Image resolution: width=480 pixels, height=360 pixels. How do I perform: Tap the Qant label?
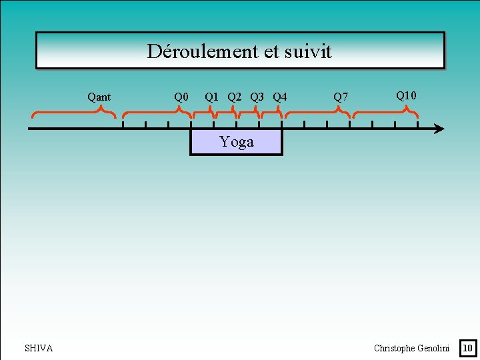[99, 97]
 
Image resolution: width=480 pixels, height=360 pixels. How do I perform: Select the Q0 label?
[181, 97]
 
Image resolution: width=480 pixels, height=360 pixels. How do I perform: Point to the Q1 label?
[212, 97]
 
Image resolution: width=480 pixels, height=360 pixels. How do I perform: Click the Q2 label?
[235, 97]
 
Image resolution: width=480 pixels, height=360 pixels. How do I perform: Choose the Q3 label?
[257, 97]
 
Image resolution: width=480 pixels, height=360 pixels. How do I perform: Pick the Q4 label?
[280, 97]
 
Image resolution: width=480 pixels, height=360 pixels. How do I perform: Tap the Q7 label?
[341, 97]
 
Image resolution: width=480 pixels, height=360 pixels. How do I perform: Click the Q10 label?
[406, 96]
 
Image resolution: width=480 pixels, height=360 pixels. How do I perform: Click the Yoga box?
[237, 142]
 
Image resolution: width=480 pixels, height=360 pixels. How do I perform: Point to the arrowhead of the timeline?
[439, 129]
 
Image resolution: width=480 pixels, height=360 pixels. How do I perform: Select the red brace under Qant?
[73, 113]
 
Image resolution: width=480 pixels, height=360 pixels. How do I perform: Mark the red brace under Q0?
[157, 113]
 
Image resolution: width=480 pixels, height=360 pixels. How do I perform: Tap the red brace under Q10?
[385, 113]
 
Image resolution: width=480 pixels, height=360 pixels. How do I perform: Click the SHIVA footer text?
[39, 348]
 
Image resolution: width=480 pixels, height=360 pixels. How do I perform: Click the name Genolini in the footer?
[433, 348]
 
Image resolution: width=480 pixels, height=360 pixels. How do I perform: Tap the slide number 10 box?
[468, 347]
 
